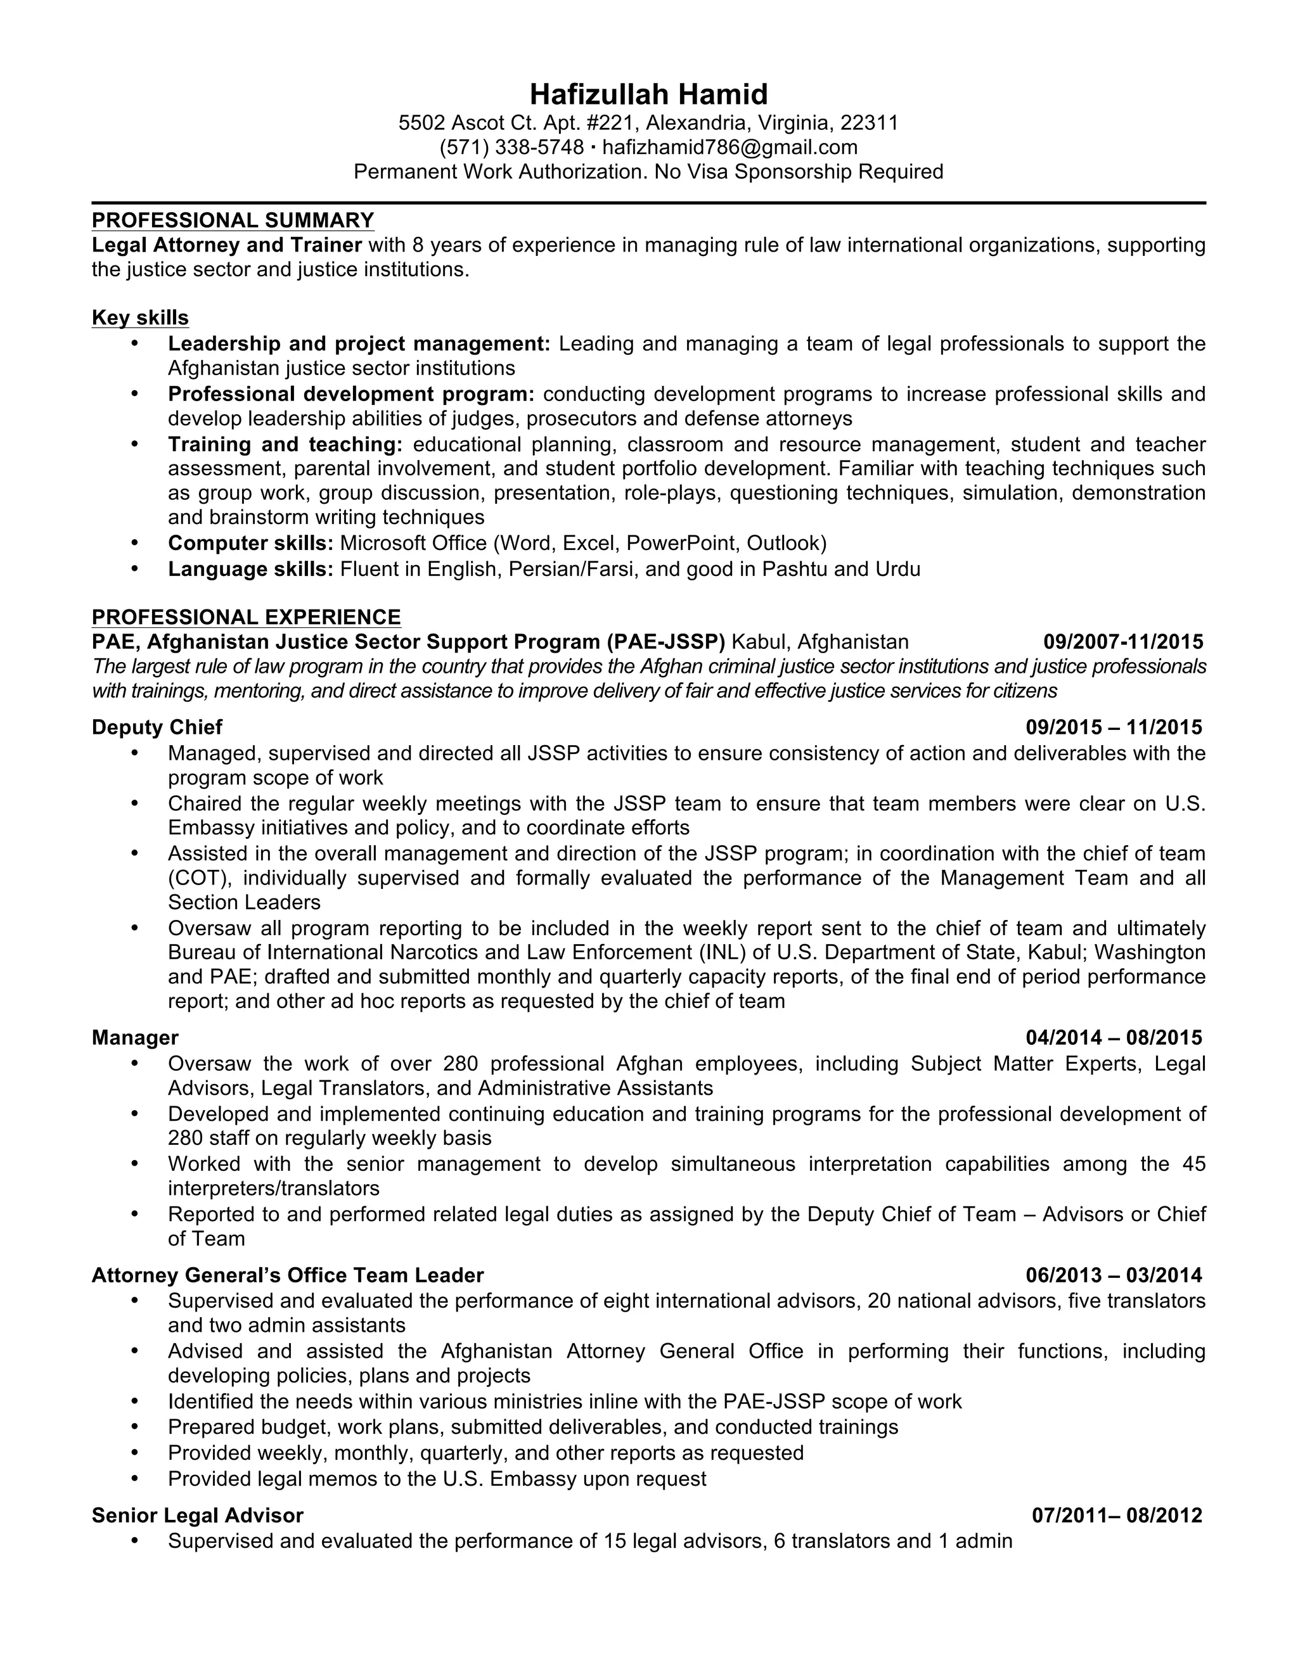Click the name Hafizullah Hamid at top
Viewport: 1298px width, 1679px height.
tap(648, 94)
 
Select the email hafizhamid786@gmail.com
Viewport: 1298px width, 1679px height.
tap(729, 147)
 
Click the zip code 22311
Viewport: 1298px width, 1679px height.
tap(869, 123)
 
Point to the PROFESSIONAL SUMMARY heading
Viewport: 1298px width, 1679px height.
tap(233, 220)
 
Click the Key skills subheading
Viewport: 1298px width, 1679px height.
tap(140, 317)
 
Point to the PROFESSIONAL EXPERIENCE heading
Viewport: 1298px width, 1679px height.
tap(246, 617)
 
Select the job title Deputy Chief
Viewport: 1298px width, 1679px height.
tap(157, 727)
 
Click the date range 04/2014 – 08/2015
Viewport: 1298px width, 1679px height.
tap(1114, 1038)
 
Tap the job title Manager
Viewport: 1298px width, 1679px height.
tap(136, 1038)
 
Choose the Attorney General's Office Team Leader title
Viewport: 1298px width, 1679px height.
tap(288, 1275)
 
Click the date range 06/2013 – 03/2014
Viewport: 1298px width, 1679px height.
tap(1114, 1275)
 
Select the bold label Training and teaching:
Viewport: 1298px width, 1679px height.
tap(285, 444)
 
